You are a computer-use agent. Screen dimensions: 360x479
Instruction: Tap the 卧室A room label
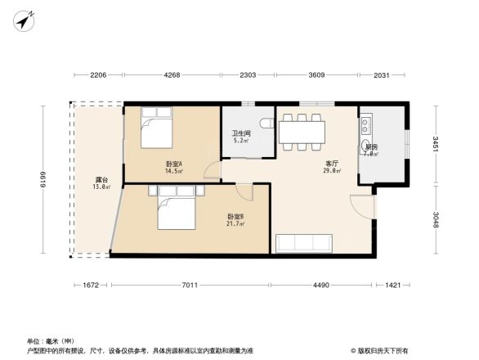point(173,164)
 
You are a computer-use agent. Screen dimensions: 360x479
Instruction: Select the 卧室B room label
point(235,217)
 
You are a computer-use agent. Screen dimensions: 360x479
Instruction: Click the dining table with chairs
point(302,131)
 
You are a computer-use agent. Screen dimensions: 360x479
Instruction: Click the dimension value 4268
point(172,76)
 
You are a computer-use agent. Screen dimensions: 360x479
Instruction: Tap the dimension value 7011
point(190,285)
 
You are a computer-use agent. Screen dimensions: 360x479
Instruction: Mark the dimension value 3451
point(436,146)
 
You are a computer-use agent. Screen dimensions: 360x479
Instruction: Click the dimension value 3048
point(436,220)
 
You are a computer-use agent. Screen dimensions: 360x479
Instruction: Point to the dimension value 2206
point(97,76)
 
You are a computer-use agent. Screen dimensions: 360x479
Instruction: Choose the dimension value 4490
point(320,285)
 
